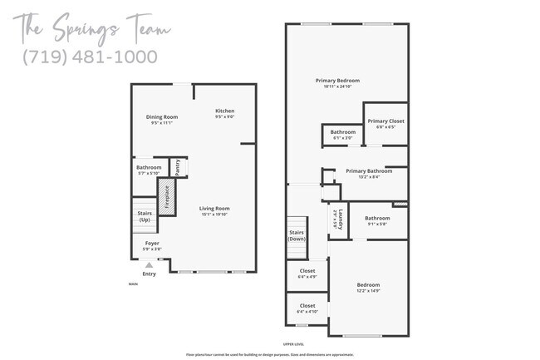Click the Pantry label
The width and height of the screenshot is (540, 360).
click(x=178, y=167)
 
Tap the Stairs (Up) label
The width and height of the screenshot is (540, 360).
click(x=144, y=215)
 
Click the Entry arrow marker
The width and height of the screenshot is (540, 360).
click(x=150, y=265)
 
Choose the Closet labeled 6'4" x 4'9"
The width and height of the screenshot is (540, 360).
click(x=307, y=274)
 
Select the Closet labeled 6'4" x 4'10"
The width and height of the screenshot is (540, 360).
click(x=307, y=308)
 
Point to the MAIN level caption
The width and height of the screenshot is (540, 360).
click(x=133, y=284)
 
